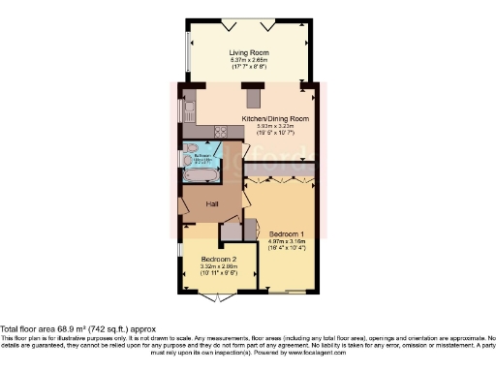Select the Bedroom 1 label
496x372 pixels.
(x=288, y=235)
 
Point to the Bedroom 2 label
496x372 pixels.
(x=220, y=260)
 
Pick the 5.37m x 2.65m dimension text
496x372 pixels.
(x=247, y=59)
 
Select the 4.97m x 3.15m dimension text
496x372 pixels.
(x=288, y=242)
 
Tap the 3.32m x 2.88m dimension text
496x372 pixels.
(x=220, y=266)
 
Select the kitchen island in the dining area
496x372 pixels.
(x=255, y=98)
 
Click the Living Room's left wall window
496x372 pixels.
(x=188, y=57)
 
